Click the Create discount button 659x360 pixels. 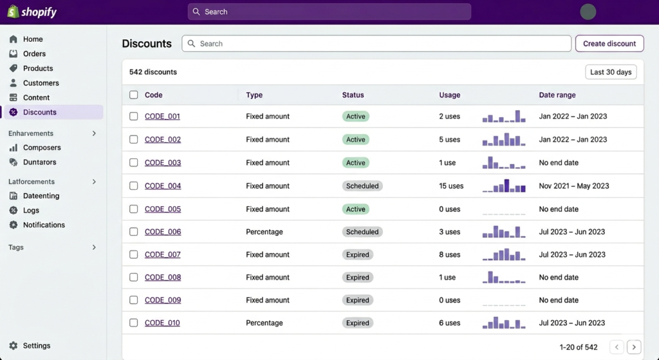[609, 44]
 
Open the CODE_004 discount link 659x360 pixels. [163, 186]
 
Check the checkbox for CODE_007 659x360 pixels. [134, 254]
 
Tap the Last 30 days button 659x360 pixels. [610, 72]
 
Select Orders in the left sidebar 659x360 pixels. [34, 54]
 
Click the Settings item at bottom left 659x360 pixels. [36, 346]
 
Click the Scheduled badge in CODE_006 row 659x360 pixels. [362, 232]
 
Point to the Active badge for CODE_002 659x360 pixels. [355, 140]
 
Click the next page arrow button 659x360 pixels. [634, 347]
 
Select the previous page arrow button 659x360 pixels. [617, 347]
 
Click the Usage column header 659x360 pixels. [449, 95]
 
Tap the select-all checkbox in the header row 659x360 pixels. [134, 95]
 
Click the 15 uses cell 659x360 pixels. [451, 186]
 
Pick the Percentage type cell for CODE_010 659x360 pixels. [264, 323]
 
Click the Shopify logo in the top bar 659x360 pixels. [32, 12]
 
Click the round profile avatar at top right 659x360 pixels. [588, 12]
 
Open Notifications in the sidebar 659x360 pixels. [44, 225]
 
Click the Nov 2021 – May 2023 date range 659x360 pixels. [573, 186]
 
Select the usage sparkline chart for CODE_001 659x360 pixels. [504, 117]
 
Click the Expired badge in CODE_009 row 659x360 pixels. [357, 300]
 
